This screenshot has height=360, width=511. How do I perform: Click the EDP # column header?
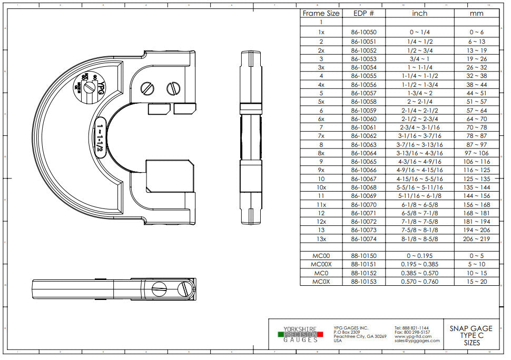point(363,13)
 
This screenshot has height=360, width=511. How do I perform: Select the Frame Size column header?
point(321,13)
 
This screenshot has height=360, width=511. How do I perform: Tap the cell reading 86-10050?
point(363,32)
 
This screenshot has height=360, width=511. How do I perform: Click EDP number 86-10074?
point(363,239)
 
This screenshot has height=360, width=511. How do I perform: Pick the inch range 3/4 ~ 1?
point(419,59)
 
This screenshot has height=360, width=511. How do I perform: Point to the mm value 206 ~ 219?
point(476,239)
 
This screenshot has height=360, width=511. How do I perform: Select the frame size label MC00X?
point(321,264)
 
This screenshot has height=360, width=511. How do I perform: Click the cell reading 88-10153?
point(363,282)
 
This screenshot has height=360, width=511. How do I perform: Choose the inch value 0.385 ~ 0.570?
point(419,273)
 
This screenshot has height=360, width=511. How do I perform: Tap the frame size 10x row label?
point(321,187)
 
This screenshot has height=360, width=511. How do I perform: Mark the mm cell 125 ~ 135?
point(476,179)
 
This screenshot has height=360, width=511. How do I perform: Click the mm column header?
point(476,13)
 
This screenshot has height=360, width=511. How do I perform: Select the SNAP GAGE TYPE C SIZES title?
point(471,335)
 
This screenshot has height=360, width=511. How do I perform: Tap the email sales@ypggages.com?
point(417,341)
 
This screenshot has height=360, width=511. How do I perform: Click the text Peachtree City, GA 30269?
point(360,336)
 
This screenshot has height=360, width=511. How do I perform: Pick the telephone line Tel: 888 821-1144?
point(411,327)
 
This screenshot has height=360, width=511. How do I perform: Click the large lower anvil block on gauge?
point(165,176)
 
